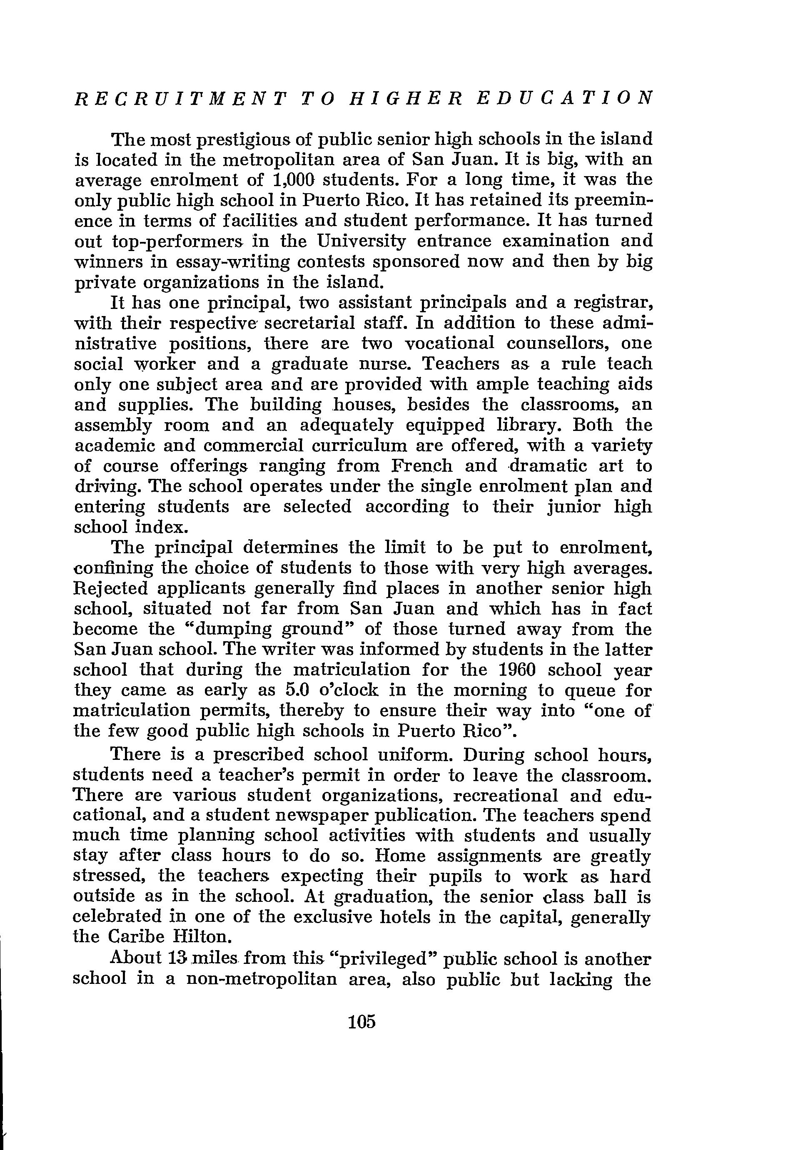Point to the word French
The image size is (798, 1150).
(421, 466)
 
